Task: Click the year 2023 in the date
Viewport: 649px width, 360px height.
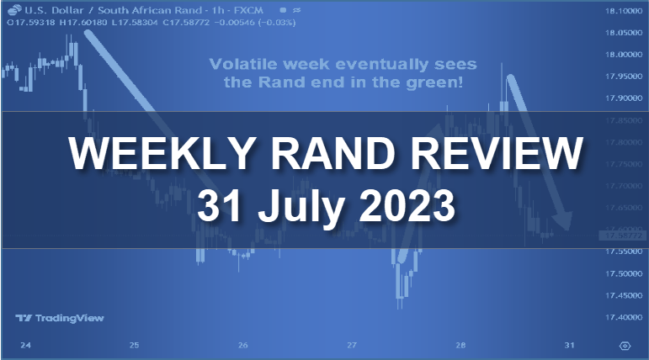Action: coord(407,205)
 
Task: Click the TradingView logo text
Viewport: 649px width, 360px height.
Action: coord(56,318)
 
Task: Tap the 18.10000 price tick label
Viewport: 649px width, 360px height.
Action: coord(620,11)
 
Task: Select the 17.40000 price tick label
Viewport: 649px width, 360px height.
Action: coord(620,317)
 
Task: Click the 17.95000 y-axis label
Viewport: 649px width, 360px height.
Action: coord(620,77)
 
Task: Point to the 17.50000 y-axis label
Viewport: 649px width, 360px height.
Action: coord(620,273)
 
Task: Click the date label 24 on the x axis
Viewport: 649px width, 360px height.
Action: coord(25,346)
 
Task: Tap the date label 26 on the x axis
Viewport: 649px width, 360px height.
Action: coord(243,346)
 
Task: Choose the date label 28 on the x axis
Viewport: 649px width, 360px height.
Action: coord(461,346)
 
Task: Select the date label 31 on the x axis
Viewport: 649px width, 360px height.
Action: coord(570,346)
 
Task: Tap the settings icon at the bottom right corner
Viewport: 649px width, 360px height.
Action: coord(625,346)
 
